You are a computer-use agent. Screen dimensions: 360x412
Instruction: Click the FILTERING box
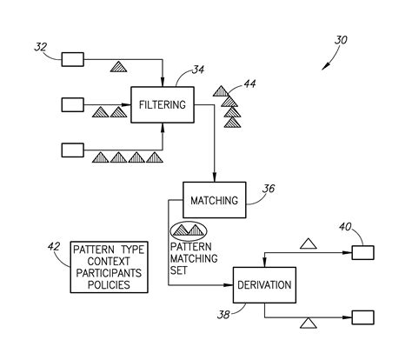tap(161, 105)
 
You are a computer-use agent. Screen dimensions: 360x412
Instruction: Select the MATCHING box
tap(213, 200)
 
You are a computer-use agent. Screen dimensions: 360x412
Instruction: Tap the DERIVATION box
tap(263, 284)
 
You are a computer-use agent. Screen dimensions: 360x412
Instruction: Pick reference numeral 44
tap(249, 84)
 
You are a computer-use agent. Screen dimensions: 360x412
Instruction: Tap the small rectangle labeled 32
tap(71, 59)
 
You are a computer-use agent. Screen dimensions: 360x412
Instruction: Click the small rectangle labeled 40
tap(363, 253)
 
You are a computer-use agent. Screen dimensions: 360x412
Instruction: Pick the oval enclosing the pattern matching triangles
tap(189, 230)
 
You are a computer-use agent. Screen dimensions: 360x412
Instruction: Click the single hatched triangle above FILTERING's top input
tap(119, 66)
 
